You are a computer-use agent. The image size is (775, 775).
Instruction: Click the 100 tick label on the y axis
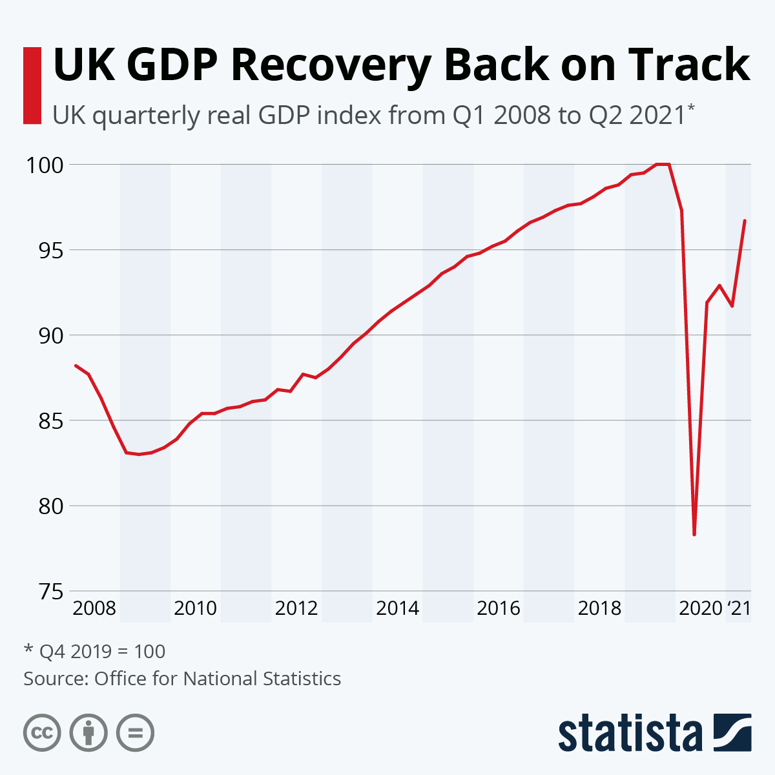pos(45,165)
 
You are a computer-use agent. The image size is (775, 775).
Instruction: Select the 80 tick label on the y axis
pos(49,506)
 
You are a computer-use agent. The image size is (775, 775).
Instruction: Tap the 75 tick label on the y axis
pos(49,591)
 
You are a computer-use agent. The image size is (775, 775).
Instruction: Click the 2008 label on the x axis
pos(94,608)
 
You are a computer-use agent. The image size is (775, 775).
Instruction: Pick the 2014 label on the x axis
pos(397,608)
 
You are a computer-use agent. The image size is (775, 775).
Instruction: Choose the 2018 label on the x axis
pos(599,608)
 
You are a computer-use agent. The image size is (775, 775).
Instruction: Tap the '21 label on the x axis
pos(739,608)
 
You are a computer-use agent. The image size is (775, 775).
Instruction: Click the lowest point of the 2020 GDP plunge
pos(694,535)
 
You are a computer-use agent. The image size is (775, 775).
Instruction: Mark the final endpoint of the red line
pos(745,221)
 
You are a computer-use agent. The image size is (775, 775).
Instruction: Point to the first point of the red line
pos(76,366)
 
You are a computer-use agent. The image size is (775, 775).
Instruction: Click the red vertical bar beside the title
pos(32,85)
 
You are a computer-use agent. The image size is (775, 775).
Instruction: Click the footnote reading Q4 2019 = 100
pos(95,651)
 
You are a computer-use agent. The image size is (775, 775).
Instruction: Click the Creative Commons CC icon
pos(42,733)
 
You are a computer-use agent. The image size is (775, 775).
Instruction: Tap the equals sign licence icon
pos(135,733)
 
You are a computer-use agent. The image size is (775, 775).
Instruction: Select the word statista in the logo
pos(630,733)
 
